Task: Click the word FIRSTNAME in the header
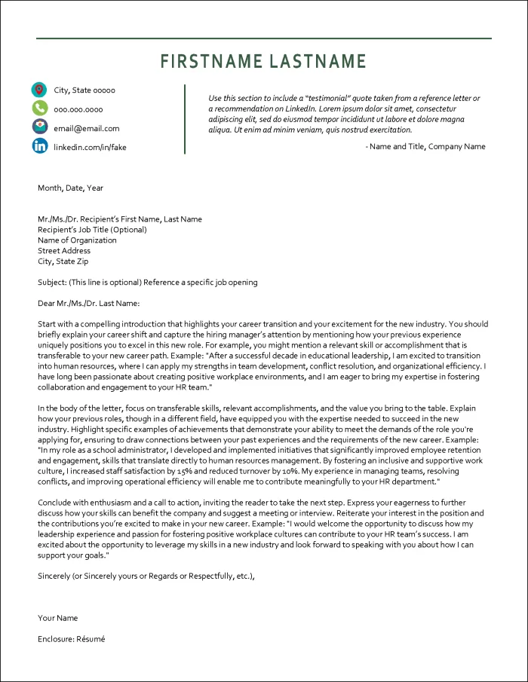click(212, 62)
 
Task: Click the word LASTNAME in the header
click(318, 62)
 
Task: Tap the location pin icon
click(40, 90)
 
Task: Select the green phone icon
click(40, 109)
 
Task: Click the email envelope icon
click(40, 127)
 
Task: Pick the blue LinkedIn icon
click(40, 146)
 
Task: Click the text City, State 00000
click(84, 90)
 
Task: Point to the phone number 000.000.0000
click(78, 109)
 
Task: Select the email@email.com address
click(86, 128)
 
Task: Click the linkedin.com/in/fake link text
click(90, 147)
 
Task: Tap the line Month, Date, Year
click(71, 188)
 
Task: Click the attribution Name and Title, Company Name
click(425, 146)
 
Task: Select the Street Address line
click(64, 251)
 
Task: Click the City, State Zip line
click(63, 261)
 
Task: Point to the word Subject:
click(52, 283)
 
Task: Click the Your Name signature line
click(58, 618)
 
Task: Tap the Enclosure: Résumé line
click(72, 639)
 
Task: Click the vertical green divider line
click(185, 119)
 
